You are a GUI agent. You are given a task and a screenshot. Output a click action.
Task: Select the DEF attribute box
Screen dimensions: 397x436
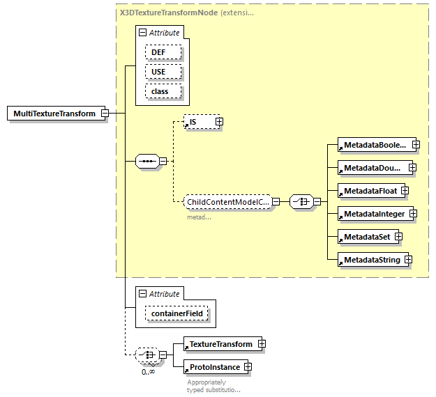coord(163,52)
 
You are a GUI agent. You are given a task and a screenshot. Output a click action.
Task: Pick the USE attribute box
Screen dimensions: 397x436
coord(163,72)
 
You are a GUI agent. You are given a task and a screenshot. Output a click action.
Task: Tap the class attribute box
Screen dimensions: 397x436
coord(163,91)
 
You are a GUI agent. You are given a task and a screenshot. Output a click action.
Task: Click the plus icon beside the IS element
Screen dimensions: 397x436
coord(218,122)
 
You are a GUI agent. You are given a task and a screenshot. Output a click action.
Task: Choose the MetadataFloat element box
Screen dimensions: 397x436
coord(368,190)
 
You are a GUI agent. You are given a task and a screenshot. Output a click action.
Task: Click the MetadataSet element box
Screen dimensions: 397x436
coord(366,237)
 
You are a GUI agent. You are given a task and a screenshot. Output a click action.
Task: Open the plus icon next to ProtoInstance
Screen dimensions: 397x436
coord(247,366)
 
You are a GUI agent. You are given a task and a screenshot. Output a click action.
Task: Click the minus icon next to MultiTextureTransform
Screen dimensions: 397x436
coord(104,113)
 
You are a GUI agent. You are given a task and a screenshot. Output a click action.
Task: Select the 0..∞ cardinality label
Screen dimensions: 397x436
coord(147,372)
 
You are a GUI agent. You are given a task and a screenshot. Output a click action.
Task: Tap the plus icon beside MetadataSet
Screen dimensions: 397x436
coord(398,237)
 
